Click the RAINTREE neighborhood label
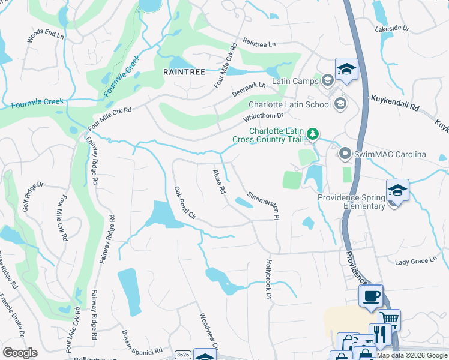pyautogui.click(x=184, y=71)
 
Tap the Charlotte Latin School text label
pyautogui.click(x=289, y=104)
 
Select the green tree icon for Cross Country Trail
pyautogui.click(x=312, y=133)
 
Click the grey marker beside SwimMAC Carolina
pyautogui.click(x=345, y=154)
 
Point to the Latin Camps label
pyautogui.click(x=295, y=80)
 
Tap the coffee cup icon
pyautogui.click(x=370, y=295)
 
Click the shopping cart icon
pyautogui.click(x=390, y=319)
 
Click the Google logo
pyautogui.click(x=20, y=352)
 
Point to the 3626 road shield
pyautogui.click(x=184, y=355)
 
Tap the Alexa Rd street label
pyautogui.click(x=218, y=182)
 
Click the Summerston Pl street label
pyautogui.click(x=264, y=205)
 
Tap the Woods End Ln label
pyautogui.click(x=46, y=36)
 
